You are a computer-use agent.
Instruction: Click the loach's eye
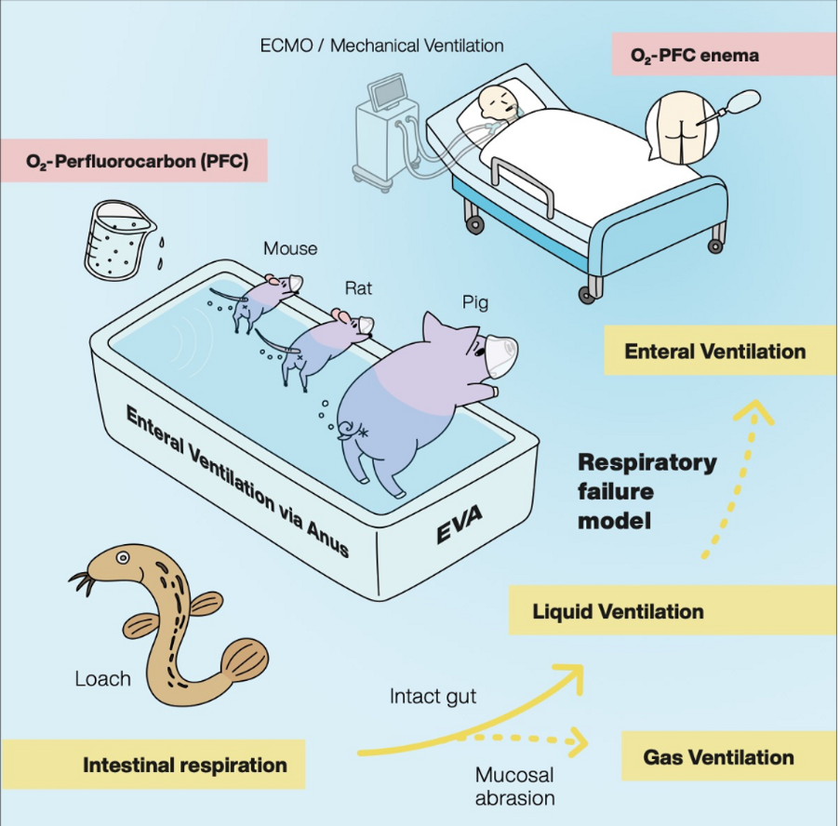tap(123, 557)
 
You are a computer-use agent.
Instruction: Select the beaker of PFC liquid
tap(118, 241)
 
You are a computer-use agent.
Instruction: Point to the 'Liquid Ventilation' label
tap(673, 610)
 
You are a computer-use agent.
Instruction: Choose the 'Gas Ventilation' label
tap(729, 757)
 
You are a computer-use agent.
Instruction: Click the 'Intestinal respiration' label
tap(153, 765)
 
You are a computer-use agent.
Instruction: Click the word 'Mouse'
tap(290, 248)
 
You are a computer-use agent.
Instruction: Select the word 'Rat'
tap(358, 288)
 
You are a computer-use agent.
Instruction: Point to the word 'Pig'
tap(475, 303)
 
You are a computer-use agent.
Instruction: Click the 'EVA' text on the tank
tap(460, 524)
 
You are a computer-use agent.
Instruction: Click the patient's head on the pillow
tap(498, 101)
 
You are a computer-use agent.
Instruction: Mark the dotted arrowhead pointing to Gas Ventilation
tap(578, 742)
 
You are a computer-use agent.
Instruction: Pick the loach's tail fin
tap(245, 659)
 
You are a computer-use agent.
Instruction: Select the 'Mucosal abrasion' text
tap(514, 786)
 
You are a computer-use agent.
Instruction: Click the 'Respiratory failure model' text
tap(647, 491)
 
